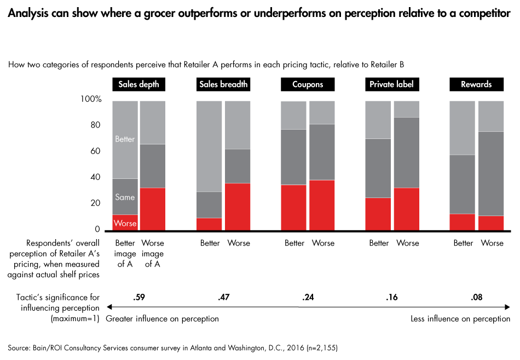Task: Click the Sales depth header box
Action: click(x=138, y=85)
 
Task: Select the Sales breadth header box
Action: click(x=223, y=85)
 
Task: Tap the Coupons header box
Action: click(x=307, y=85)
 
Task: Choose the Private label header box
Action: click(x=392, y=85)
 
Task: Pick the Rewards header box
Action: click(x=476, y=85)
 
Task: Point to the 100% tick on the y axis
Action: click(x=91, y=100)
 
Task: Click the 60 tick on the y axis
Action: click(x=96, y=152)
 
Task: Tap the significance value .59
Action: click(x=138, y=298)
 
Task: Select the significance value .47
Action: click(x=223, y=298)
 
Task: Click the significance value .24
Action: click(x=307, y=298)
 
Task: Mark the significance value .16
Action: click(x=392, y=298)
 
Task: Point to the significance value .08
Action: click(x=476, y=298)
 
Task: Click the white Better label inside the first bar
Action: click(x=125, y=139)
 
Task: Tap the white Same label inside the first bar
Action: click(x=125, y=197)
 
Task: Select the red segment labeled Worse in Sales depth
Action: click(x=125, y=223)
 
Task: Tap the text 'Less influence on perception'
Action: click(x=460, y=319)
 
